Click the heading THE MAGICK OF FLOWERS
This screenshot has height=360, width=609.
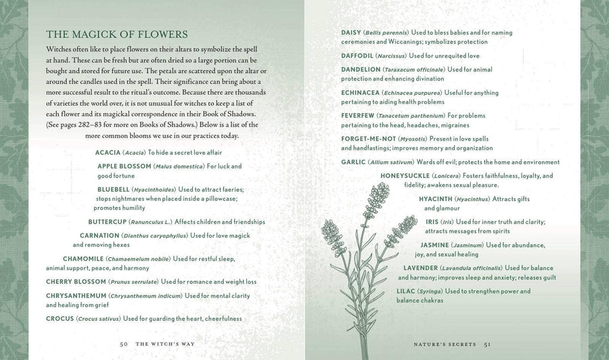pos(116,34)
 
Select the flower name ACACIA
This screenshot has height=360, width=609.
pos(108,152)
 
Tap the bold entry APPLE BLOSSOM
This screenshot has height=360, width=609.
pos(124,166)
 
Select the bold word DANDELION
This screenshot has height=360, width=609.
pos(360,69)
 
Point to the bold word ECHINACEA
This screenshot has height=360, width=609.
pos(360,92)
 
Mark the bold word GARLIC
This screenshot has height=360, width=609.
pos(354,162)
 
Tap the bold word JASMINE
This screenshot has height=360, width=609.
pos(435,245)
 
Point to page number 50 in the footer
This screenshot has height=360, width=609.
pos(124,344)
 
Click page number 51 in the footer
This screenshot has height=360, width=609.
pos(487,344)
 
